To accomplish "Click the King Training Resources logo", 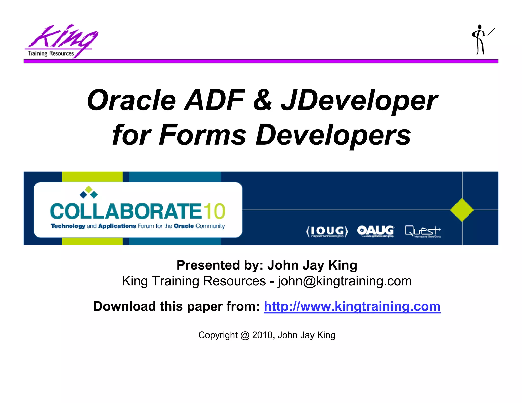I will tap(61, 41).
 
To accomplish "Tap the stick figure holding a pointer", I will tap(481, 40).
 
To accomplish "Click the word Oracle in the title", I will tap(132, 100).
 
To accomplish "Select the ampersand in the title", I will tap(263, 100).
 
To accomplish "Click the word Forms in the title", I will tap(203, 135).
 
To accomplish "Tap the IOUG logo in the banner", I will tap(327, 231).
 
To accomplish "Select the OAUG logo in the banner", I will tap(376, 231).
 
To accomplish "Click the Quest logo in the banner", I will tap(423, 231).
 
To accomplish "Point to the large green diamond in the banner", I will tap(462, 210).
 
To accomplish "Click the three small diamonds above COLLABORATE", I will tap(88, 192).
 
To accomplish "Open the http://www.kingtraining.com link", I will tap(352, 306).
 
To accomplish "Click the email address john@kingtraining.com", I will tap(345, 281).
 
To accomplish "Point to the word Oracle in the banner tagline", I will tap(184, 226).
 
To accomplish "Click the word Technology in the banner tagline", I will tap(68, 226).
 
